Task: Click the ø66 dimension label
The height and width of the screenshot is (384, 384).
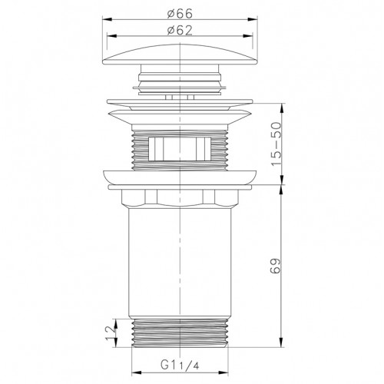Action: [180, 13]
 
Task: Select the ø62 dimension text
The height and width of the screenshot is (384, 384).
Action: [180, 31]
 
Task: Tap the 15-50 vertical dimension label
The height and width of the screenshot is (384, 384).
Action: [276, 144]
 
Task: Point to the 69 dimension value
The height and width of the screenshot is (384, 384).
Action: [276, 266]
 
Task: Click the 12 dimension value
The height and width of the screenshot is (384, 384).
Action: [111, 333]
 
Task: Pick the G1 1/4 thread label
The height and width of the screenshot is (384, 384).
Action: [180, 365]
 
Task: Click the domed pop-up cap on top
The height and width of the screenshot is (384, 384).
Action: [180, 55]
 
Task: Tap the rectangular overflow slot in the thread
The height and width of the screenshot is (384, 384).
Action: [180, 149]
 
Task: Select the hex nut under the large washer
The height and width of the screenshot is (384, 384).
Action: [180, 197]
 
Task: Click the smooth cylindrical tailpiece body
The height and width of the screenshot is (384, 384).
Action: [180, 262]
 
